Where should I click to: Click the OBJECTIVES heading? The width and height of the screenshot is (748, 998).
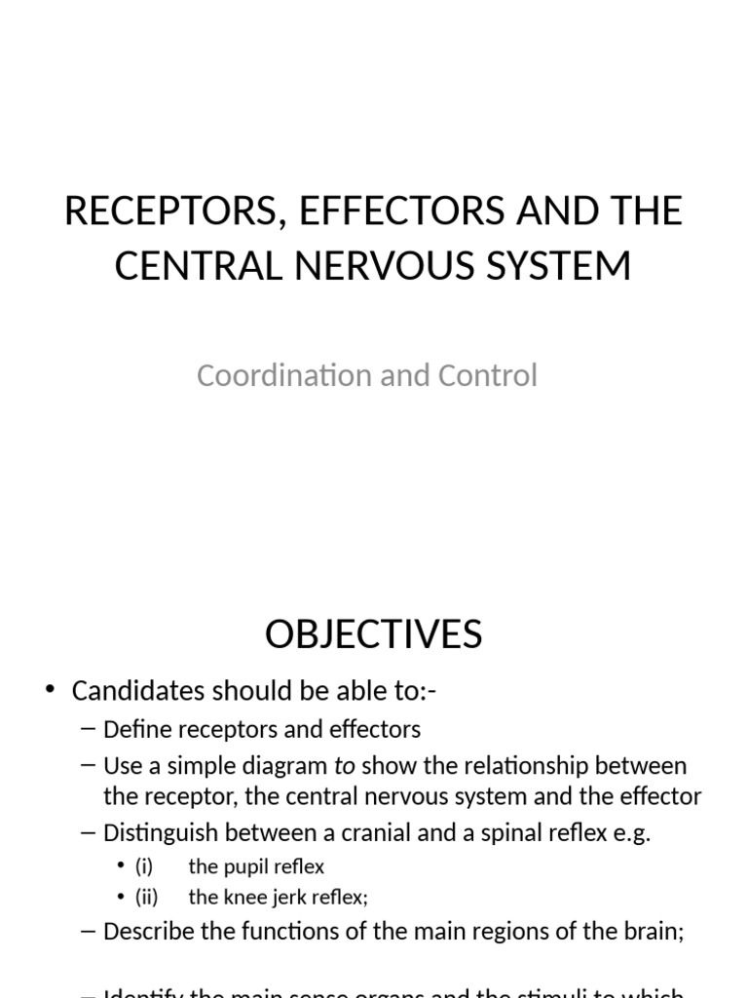[x=373, y=634]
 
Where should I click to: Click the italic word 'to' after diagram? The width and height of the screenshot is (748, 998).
[x=344, y=766]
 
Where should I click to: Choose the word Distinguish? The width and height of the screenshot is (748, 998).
[x=159, y=834]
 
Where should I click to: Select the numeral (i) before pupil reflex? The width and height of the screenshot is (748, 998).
[x=144, y=866]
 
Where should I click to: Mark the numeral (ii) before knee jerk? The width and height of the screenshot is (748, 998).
[x=146, y=897]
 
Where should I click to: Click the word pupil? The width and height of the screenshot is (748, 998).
[x=242, y=866]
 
